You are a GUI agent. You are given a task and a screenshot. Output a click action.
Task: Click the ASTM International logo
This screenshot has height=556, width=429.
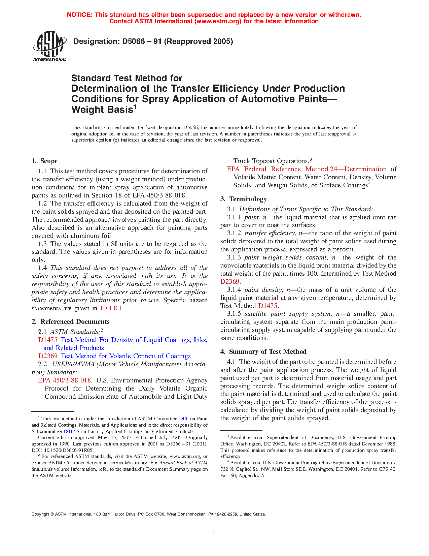50,47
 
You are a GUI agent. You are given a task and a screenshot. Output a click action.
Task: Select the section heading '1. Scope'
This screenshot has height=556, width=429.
45,161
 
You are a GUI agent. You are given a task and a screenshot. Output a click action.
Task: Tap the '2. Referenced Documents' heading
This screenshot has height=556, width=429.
71,322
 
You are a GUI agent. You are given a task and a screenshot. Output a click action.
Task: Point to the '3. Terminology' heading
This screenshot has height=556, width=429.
244,199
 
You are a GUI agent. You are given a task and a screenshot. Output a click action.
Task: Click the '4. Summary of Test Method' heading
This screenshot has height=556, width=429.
263,352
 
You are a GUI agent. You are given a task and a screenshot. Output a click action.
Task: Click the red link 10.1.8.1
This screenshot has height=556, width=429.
112,308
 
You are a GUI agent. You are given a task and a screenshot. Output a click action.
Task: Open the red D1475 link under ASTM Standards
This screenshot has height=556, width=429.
47,340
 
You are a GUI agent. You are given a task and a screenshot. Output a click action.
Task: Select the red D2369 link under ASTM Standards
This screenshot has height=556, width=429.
47,356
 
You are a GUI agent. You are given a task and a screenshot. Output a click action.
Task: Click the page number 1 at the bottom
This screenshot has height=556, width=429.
214,534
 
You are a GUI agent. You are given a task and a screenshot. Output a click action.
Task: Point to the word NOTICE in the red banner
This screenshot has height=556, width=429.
79,15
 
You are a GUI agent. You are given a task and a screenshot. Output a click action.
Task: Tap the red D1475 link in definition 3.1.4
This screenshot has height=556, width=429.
268,306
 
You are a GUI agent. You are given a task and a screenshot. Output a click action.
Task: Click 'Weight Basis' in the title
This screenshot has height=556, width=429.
102,110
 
